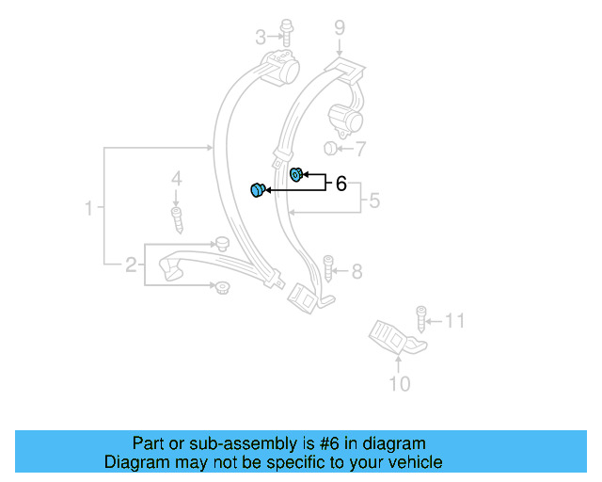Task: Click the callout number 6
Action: pos(341,184)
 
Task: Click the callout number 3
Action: pos(261,38)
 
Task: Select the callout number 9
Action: pos(339,27)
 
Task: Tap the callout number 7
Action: pos(361,149)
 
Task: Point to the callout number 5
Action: pos(373,201)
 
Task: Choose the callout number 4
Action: pos(175,179)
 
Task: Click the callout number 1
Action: pos(89,208)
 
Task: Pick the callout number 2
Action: pos(131,265)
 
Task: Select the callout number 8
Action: pos(356,272)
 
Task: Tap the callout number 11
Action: pos(455,322)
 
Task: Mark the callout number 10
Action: pos(400,383)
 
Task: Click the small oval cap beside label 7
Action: pos(330,148)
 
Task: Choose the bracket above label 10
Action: pos(392,338)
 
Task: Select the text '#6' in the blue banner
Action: pos(334,443)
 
